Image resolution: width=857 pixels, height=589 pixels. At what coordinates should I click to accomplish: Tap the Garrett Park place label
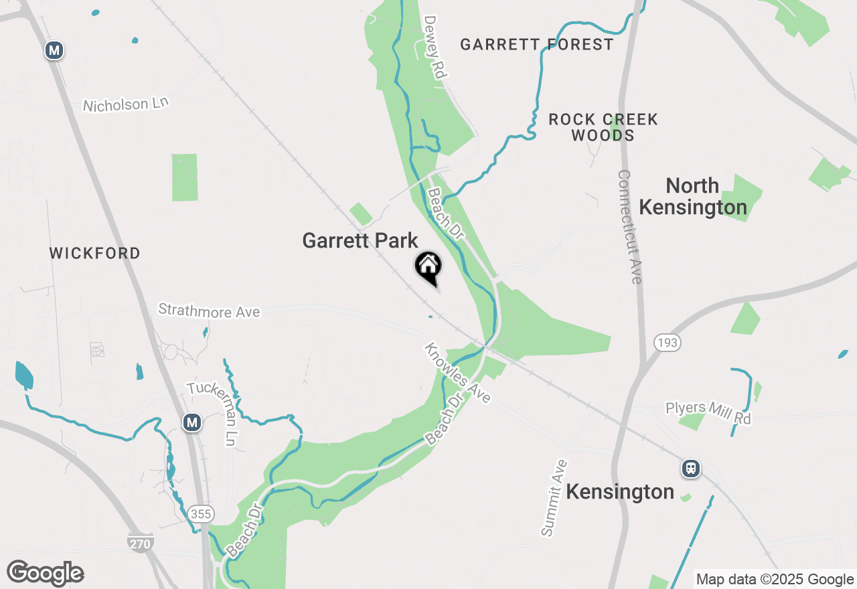[360, 240]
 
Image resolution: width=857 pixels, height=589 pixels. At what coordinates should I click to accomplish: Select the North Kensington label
[692, 196]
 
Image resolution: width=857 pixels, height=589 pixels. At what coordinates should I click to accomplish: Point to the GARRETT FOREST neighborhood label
[537, 45]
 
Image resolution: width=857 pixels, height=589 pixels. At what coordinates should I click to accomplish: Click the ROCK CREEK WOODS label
[603, 127]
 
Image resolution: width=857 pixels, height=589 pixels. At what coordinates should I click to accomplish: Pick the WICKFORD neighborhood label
[95, 254]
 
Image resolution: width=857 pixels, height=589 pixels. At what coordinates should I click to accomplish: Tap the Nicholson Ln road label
[126, 104]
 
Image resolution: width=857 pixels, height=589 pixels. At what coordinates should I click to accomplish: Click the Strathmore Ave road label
[209, 311]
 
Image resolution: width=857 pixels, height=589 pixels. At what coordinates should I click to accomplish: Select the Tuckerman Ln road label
[213, 413]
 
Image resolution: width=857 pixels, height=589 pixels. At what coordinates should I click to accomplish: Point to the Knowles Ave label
[458, 373]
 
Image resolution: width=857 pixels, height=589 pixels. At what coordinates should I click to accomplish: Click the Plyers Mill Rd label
[708, 412]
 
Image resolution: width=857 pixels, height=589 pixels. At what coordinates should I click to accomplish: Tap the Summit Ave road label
[554, 497]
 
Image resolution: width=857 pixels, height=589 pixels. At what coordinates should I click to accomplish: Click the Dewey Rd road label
[435, 48]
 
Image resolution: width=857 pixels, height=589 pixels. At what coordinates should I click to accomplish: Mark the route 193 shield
[668, 343]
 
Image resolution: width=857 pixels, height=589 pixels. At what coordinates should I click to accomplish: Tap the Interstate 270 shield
[140, 543]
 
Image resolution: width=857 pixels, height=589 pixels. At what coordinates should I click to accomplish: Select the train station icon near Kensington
[691, 469]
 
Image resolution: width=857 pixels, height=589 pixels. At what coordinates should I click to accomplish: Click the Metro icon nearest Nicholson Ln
[54, 50]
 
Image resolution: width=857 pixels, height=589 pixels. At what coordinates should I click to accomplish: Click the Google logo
[45, 574]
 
